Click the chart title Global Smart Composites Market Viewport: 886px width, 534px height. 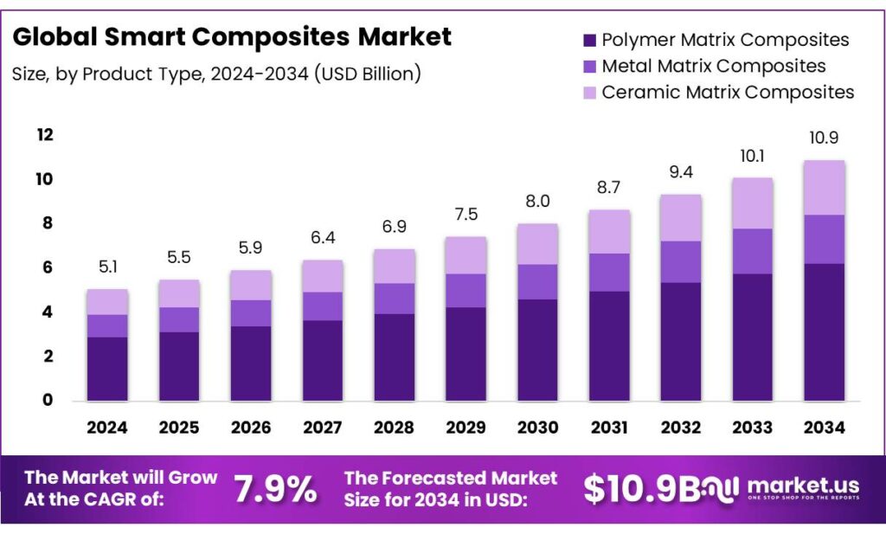pyautogui.click(x=232, y=37)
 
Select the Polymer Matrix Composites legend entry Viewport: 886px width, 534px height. pyautogui.click(x=725, y=40)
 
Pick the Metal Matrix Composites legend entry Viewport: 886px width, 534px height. pyautogui.click(x=713, y=66)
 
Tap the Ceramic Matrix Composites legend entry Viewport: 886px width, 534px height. pyautogui.click(x=728, y=92)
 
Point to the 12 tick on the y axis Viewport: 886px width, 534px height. pyautogui.click(x=45, y=135)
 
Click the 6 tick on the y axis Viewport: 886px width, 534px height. pyautogui.click(x=48, y=267)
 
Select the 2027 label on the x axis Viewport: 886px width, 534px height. pyautogui.click(x=324, y=428)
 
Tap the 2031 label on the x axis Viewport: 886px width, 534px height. pyautogui.click(x=609, y=428)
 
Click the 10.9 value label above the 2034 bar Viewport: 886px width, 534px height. pyautogui.click(x=823, y=138)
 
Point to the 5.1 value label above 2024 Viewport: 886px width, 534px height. pyautogui.click(x=107, y=267)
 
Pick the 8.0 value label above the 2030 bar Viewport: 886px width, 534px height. pyautogui.click(x=537, y=203)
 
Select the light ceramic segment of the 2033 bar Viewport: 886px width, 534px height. pyautogui.click(x=752, y=203)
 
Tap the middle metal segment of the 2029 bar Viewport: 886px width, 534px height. pyautogui.click(x=466, y=291)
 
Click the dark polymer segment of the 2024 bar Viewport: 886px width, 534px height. pyautogui.click(x=107, y=369)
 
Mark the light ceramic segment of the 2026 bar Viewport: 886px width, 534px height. pyautogui.click(x=251, y=286)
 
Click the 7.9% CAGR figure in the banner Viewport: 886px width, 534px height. pyautogui.click(x=276, y=490)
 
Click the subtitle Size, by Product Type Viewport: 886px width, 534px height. pyautogui.click(x=216, y=74)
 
